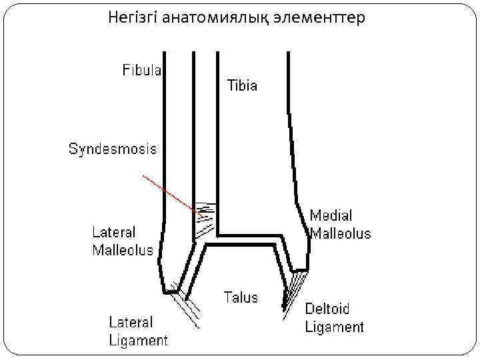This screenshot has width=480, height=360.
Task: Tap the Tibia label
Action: (243, 86)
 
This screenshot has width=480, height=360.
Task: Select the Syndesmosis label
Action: (113, 149)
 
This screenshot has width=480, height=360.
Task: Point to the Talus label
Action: (240, 297)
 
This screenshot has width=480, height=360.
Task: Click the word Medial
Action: (331, 216)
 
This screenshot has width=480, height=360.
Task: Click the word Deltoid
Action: (327, 309)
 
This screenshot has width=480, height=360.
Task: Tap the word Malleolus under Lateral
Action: (122, 251)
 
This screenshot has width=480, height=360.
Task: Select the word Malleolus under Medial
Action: (340, 233)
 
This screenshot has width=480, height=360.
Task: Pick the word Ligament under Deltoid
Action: (335, 327)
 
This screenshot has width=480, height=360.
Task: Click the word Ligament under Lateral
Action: (139, 340)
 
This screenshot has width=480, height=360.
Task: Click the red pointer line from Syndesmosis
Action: (172, 195)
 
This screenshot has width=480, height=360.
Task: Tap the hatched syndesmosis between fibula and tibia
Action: (204, 219)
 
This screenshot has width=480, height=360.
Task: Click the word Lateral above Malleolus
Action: (114, 233)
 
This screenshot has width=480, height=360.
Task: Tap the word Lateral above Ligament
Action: (131, 323)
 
